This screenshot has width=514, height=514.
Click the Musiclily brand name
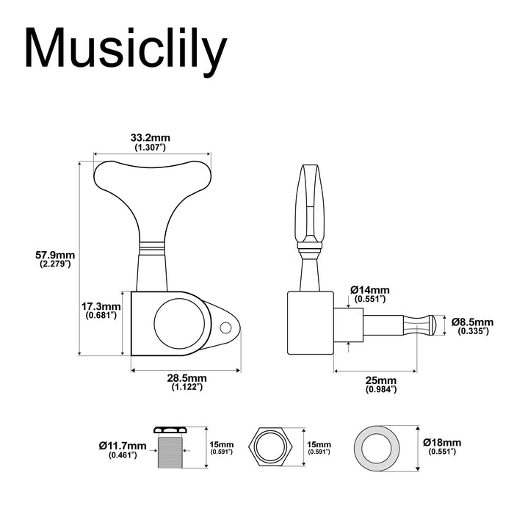click(x=125, y=49)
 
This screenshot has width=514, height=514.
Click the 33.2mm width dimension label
click(x=151, y=137)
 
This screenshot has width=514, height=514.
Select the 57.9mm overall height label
click(x=55, y=255)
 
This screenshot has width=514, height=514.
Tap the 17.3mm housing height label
click(x=102, y=306)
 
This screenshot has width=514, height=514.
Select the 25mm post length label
click(x=380, y=380)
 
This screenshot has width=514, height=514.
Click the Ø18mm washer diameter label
click(x=442, y=443)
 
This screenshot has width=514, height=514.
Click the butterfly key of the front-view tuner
click(x=151, y=184)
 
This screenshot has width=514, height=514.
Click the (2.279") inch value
click(x=55, y=264)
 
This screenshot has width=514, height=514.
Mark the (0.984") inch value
click(x=380, y=389)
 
